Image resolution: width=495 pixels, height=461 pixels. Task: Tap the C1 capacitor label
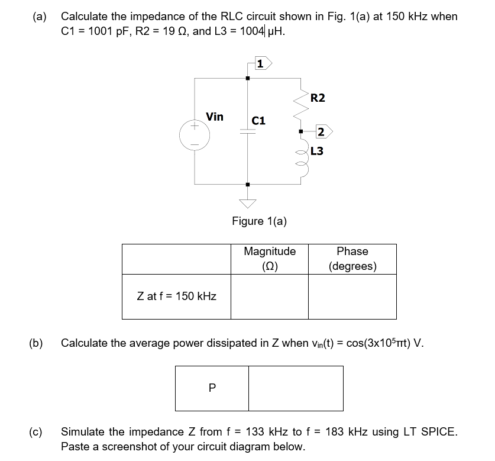click(x=259, y=120)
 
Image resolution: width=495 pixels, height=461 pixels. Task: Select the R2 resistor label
click(x=318, y=98)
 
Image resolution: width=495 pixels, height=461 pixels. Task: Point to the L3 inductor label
click(x=317, y=151)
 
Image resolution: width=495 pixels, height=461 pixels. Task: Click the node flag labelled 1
click(x=261, y=62)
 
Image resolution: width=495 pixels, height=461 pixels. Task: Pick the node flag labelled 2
click(x=323, y=131)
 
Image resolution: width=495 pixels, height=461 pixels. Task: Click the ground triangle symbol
click(x=248, y=203)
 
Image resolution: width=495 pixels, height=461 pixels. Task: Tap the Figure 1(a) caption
click(x=259, y=221)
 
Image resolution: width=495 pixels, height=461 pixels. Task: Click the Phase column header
click(x=352, y=259)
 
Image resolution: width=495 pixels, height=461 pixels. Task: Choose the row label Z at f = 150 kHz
click(x=176, y=296)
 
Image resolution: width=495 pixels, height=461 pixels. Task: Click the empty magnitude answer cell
click(x=270, y=296)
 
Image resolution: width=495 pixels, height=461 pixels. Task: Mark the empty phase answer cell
click(x=352, y=296)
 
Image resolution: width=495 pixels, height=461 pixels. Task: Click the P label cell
click(x=211, y=388)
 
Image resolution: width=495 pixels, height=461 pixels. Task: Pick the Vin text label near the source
click(x=214, y=117)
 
